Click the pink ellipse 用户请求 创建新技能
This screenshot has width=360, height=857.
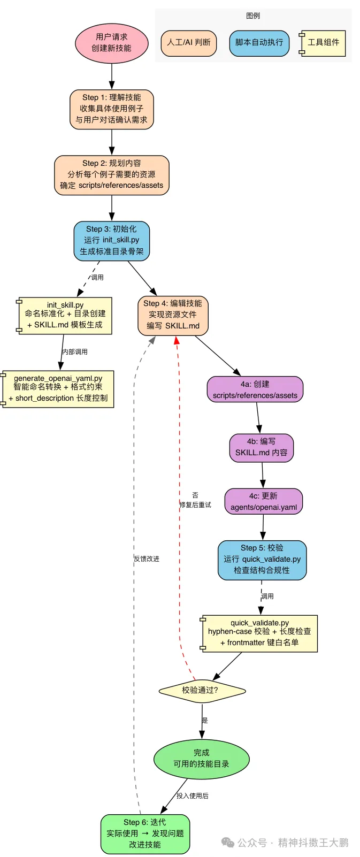point(111,43)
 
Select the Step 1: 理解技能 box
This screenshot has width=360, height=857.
point(111,109)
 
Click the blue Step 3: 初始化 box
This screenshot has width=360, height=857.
point(111,241)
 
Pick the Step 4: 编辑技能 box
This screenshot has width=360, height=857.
point(173,315)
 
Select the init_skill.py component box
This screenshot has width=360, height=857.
point(65,316)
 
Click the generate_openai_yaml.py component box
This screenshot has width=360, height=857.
point(58,389)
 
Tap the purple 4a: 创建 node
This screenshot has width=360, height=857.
point(255,390)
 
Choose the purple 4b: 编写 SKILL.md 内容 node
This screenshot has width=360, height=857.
point(261,447)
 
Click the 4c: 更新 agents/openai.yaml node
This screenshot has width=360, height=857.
point(263,502)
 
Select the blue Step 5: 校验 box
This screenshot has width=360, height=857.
point(262,560)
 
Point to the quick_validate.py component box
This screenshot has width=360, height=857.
point(259,633)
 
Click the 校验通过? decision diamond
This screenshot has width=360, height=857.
point(202,691)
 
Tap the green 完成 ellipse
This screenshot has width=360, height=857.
point(201,759)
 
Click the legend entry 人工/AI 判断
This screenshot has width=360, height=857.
point(189,43)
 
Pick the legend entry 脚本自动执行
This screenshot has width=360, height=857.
point(259,43)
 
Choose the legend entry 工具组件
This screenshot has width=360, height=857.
point(323,43)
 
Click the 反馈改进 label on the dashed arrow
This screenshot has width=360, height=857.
point(147,559)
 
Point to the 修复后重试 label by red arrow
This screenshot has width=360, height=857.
point(195,505)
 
